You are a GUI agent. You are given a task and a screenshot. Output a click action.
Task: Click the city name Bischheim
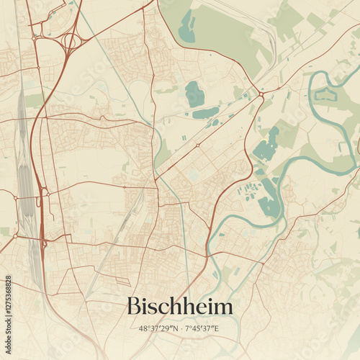coord(180,307)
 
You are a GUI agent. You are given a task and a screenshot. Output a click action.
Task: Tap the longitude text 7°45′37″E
coord(202,329)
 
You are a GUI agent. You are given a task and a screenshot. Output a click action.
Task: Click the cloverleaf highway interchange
coord(70,41)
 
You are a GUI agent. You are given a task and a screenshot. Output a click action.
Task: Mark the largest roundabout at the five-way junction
coord(261,94)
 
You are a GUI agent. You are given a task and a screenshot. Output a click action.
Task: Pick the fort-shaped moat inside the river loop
coord(325,94)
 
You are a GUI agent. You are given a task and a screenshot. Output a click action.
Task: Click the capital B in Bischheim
coord(134,306)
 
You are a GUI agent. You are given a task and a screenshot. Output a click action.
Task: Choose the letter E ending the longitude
coord(217,329)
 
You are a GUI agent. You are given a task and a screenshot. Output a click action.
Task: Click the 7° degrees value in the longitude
coord(187,329)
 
